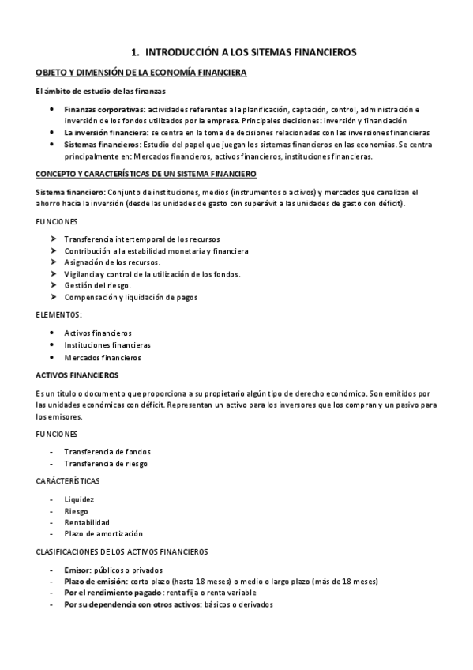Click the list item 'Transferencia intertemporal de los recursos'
[x=142, y=239]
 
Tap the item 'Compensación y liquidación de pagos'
[x=131, y=297]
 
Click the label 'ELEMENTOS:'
[x=59, y=314]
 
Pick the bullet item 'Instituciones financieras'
[x=107, y=345]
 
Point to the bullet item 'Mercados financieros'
[x=103, y=358]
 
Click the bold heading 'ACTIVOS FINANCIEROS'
[x=77, y=375]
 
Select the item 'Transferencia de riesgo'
[x=106, y=464]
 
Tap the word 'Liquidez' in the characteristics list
[x=79, y=499]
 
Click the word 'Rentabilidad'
[x=87, y=522]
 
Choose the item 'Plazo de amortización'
[x=103, y=534]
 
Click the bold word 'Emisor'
[x=79, y=570]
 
